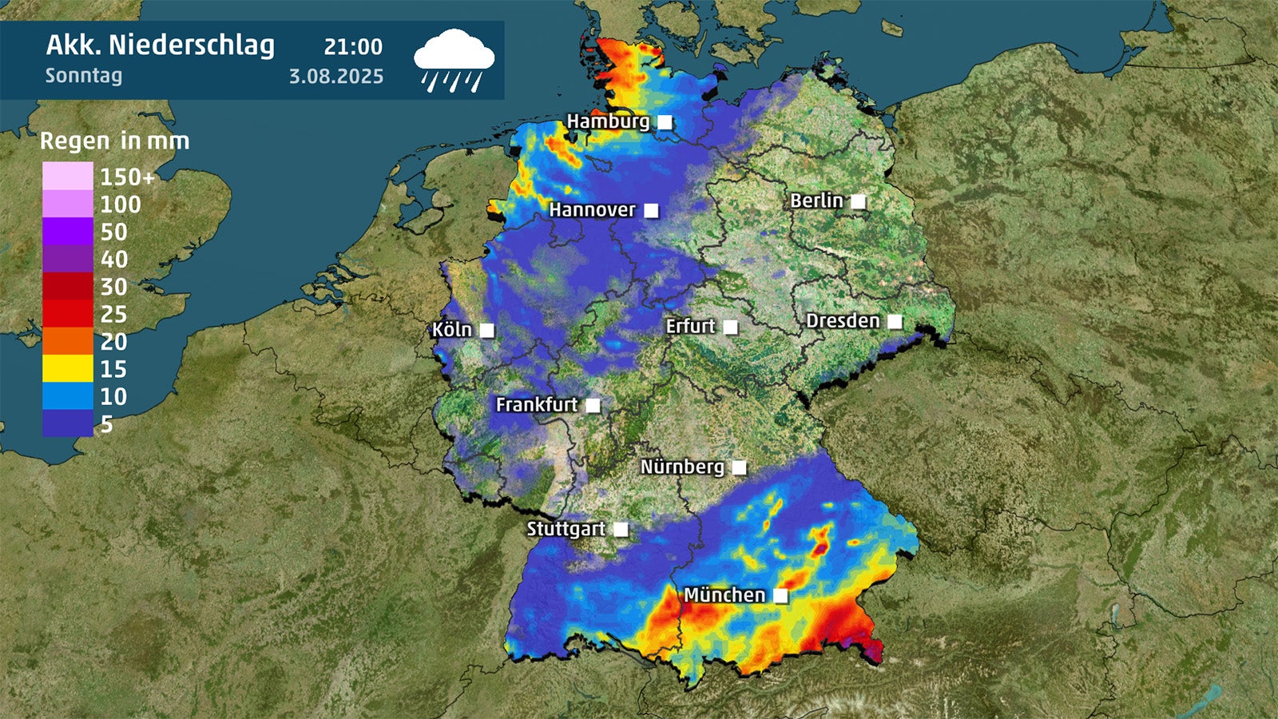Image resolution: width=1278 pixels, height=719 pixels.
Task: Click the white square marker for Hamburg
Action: [x=665, y=122]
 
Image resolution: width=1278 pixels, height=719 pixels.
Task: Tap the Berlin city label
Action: [x=816, y=201]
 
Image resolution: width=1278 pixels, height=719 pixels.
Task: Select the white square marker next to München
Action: [x=780, y=595]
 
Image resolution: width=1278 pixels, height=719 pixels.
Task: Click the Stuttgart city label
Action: [x=566, y=529]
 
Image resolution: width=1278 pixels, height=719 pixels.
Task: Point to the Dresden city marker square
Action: [x=895, y=321]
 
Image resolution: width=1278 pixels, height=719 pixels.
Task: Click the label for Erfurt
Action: [x=690, y=326]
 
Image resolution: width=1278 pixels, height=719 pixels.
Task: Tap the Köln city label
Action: [x=452, y=330]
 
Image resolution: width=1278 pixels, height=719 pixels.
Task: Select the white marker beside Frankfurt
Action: [x=593, y=405]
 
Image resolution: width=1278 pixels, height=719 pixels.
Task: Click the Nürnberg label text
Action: [x=682, y=467]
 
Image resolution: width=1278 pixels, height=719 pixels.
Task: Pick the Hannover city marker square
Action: [x=651, y=210]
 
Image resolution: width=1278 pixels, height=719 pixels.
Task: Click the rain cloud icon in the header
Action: [x=454, y=59]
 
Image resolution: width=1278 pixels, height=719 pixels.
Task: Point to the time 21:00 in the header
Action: [x=353, y=47]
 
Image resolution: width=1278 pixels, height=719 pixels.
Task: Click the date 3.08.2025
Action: [x=336, y=77]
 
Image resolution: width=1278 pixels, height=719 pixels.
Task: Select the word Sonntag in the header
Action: [x=84, y=76]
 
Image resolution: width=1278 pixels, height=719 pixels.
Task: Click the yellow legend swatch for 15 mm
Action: [x=68, y=368]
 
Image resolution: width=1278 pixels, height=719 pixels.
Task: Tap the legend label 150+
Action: [x=127, y=177]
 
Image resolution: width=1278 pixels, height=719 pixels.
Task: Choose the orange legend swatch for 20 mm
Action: [x=68, y=341]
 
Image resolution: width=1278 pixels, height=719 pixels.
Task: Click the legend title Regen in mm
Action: [x=115, y=141]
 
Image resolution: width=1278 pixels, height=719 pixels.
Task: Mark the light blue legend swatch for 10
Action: [x=68, y=396]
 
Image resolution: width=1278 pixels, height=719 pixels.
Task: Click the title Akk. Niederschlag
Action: [x=160, y=46]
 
